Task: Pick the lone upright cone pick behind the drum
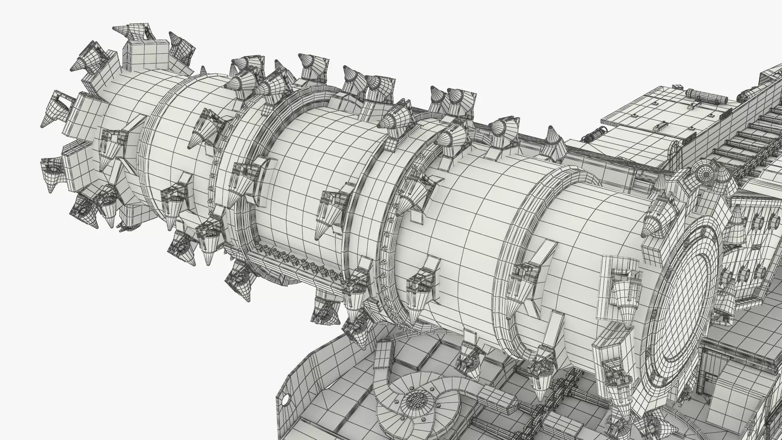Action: pyautogui.click(x=552, y=136)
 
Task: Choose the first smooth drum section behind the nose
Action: pyautogui.click(x=171, y=134)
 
